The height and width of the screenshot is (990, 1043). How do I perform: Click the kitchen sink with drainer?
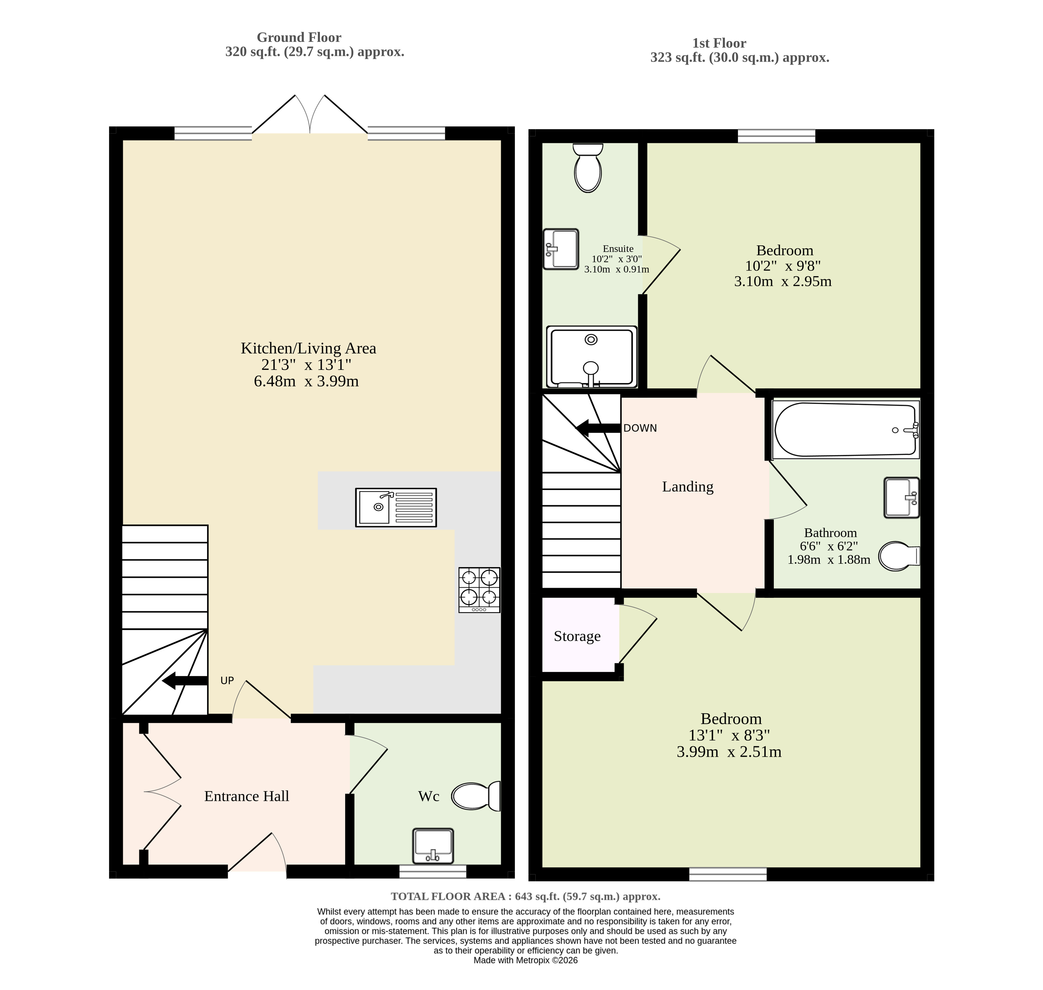396,508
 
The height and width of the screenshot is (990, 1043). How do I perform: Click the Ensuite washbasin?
561,249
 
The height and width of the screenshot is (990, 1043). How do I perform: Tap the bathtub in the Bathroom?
845,429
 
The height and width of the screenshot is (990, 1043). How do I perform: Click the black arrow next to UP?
185,681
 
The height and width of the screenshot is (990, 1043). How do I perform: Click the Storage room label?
577,636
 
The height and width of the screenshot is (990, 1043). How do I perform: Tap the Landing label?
688,487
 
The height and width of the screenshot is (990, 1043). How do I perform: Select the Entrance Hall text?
247,796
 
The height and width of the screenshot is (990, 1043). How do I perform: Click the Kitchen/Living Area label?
308,348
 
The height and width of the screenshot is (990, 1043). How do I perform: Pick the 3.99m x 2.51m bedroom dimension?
729,752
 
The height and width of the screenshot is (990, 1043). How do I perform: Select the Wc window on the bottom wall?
433,871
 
